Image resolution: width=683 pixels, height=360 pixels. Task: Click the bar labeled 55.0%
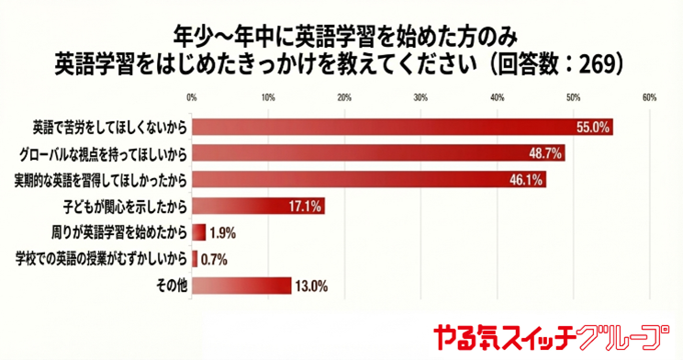pyautogui.click(x=402, y=128)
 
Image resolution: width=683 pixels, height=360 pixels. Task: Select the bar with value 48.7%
pyautogui.click(x=378, y=153)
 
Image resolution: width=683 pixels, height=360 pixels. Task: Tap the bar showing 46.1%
pyautogui.click(x=368, y=179)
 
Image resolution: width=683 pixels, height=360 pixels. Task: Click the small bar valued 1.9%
pyautogui.click(x=199, y=231)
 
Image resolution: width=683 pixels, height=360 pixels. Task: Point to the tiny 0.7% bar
pyautogui.click(x=195, y=257)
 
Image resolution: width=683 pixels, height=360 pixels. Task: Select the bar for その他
pyautogui.click(x=241, y=286)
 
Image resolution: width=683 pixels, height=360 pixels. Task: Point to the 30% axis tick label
pyautogui.click(x=420, y=97)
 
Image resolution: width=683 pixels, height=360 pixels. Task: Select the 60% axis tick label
pyautogui.click(x=648, y=97)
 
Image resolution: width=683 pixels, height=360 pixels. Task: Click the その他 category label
pyautogui.click(x=174, y=286)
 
